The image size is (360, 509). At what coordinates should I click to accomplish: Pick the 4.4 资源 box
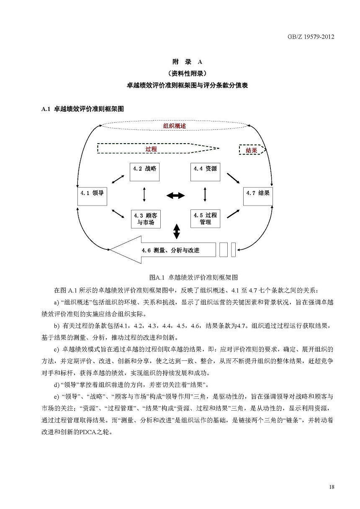tap(205, 171)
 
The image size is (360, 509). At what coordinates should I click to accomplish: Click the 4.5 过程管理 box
tap(205, 219)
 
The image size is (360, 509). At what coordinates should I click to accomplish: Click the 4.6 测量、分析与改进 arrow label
tap(170, 250)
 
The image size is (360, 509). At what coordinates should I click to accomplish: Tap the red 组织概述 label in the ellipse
tap(175, 126)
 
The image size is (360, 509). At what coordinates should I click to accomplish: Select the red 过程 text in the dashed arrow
tap(151, 149)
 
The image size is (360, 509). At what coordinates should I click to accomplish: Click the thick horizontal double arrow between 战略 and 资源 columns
tap(175, 195)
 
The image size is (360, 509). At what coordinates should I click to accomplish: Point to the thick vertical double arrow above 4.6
tap(177, 231)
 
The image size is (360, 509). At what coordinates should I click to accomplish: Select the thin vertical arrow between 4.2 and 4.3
tap(144, 195)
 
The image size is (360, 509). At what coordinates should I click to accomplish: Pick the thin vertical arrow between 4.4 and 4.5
tap(205, 195)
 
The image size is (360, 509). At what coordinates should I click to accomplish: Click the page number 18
tap(332, 486)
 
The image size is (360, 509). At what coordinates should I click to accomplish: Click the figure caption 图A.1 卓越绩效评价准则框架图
tap(193, 277)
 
